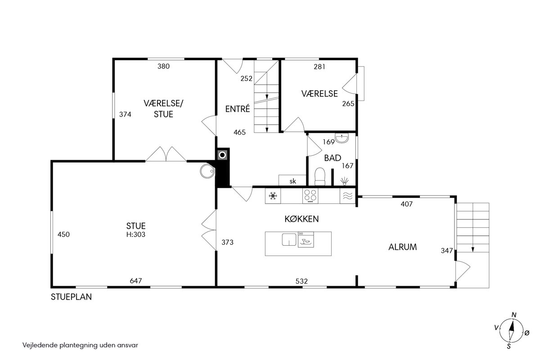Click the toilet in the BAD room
(320, 177)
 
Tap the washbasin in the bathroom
(342, 138)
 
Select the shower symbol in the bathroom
(345, 181)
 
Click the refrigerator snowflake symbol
(273, 196)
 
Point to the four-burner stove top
(310, 196)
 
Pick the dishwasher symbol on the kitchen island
(306, 239)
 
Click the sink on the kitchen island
(289, 239)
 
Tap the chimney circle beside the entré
(222, 155)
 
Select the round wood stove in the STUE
(207, 171)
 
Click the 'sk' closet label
(292, 181)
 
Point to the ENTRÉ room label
(238, 109)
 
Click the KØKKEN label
(301, 219)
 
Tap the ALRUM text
(403, 247)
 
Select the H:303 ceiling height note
(136, 234)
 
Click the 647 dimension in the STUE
(136, 281)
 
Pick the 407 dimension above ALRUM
(407, 204)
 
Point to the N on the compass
(514, 315)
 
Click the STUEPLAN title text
(72, 297)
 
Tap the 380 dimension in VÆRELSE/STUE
(163, 66)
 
